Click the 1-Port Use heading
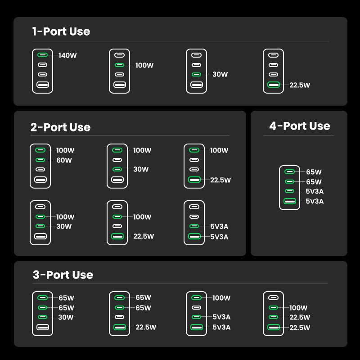61,31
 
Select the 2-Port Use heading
60,127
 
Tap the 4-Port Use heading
299,126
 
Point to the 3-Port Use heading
63,275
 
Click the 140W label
67,56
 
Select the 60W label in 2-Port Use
64,160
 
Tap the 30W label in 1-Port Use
220,75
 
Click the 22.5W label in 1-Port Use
299,85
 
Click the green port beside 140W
42,55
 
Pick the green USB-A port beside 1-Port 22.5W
273,84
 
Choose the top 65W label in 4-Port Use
314,172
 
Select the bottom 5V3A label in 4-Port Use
315,201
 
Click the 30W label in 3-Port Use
66,317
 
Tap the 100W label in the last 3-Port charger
298,308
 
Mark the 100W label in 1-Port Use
144,65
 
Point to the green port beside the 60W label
40,160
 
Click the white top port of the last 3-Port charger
273,297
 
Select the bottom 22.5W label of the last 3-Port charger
299,328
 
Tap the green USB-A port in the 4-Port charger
289,201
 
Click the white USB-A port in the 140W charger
42,84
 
